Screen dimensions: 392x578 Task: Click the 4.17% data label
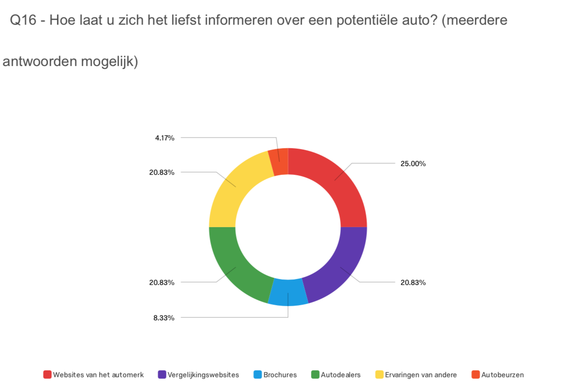tap(164, 137)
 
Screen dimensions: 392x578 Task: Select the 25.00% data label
tap(413, 163)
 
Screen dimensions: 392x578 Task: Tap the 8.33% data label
tap(164, 317)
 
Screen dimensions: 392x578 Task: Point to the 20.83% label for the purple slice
tap(413, 282)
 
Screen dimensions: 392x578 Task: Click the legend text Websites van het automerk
tap(98, 375)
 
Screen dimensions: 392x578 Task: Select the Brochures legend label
tap(280, 375)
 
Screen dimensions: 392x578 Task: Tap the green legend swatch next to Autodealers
tap(315, 375)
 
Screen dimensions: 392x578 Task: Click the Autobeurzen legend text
tap(502, 375)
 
